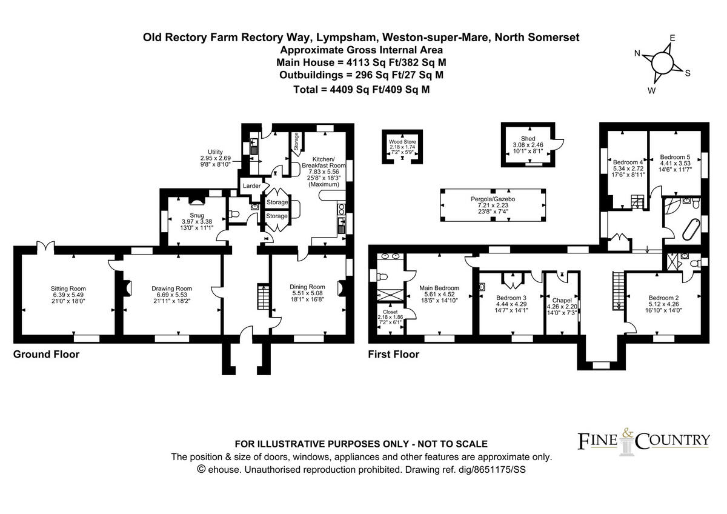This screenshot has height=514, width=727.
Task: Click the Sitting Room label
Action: (68, 289)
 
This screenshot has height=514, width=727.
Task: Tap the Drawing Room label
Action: (171, 289)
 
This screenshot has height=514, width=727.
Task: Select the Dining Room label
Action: (308, 287)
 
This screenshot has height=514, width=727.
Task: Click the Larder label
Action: (251, 185)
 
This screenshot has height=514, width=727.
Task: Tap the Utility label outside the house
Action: (216, 152)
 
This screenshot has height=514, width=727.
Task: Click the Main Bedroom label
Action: (439, 288)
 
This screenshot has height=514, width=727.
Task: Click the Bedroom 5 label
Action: (675, 156)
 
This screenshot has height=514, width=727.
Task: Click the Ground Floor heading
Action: (46, 354)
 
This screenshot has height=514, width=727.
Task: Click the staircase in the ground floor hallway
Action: (261, 297)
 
